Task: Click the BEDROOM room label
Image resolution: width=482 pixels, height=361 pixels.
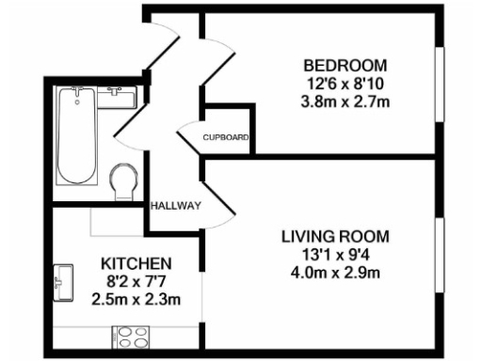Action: click(x=344, y=65)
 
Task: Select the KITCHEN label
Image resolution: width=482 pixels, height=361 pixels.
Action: click(x=136, y=263)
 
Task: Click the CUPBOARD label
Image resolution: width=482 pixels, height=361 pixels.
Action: click(x=226, y=140)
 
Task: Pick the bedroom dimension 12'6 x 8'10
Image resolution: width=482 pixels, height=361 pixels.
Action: click(x=345, y=83)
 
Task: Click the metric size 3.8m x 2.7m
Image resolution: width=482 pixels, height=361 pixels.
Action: click(x=345, y=101)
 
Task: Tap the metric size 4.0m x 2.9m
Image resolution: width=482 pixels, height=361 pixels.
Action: click(x=335, y=274)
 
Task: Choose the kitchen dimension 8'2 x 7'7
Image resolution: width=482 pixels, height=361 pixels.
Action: click(x=136, y=281)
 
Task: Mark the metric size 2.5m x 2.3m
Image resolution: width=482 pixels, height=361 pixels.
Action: click(x=136, y=299)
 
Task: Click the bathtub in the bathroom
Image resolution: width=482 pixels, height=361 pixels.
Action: click(x=76, y=138)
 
